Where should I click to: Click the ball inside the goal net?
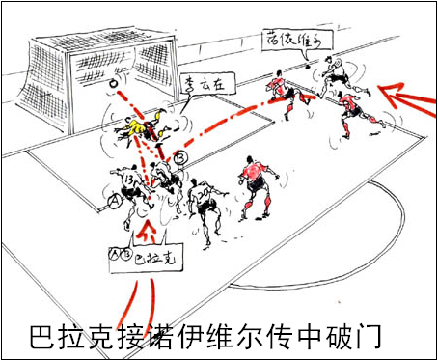pyautogui.click(x=115, y=83)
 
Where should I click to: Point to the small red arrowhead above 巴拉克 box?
pyautogui.click(x=147, y=231)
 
